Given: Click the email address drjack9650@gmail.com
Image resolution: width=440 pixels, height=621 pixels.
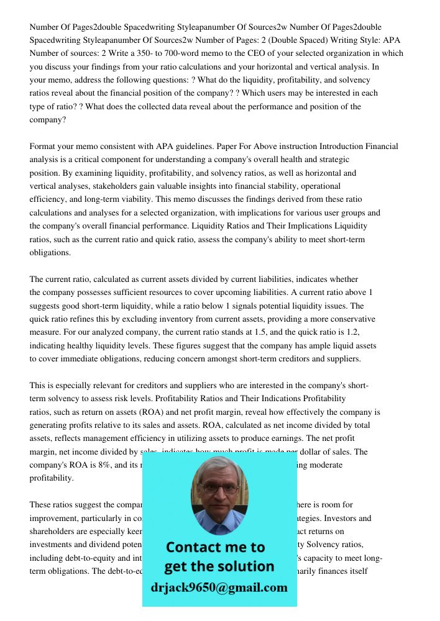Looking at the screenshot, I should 219,587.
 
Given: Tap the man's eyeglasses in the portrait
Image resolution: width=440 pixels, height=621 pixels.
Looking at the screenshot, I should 219,489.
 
